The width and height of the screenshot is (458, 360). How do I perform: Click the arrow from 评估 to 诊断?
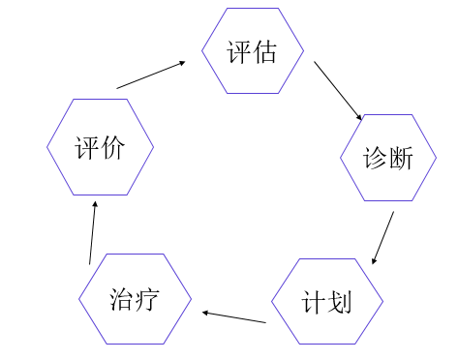pos(338,93)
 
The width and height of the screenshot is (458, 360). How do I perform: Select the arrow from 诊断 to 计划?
pos(383,237)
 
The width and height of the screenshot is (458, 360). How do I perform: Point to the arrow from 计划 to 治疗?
pos(233,316)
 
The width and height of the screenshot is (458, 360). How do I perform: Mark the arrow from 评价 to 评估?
pos(151,75)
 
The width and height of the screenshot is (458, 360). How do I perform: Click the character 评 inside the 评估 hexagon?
pos(239,51)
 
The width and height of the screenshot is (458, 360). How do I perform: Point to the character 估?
pos(264,51)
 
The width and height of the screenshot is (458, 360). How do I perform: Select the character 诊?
pos(375,159)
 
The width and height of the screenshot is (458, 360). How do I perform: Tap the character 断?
pos(401,159)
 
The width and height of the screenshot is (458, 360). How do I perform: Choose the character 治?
pos(123,300)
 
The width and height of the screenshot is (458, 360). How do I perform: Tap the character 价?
pos(112,148)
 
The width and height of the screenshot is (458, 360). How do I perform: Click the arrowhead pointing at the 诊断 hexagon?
pos(359,117)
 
